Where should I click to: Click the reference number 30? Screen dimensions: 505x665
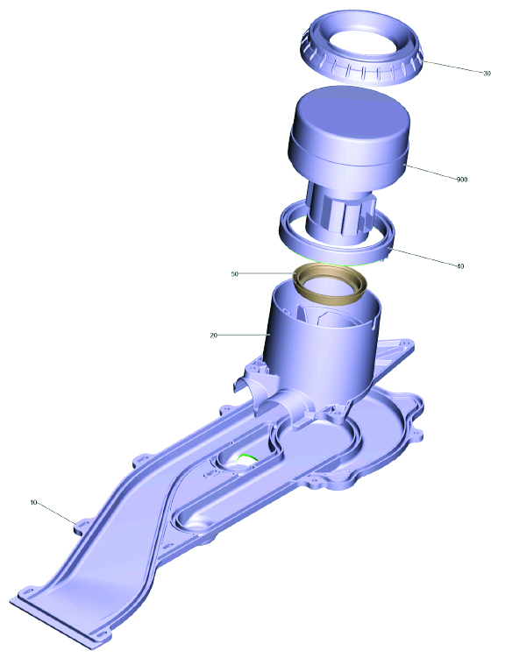[x=487, y=74]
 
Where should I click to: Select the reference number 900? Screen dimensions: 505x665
[x=462, y=180]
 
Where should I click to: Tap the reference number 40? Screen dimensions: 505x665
[x=460, y=266]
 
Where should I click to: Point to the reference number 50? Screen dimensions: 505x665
[x=235, y=274]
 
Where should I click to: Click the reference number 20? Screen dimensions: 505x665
[x=213, y=336]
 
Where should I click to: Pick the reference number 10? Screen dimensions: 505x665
[x=34, y=503]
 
